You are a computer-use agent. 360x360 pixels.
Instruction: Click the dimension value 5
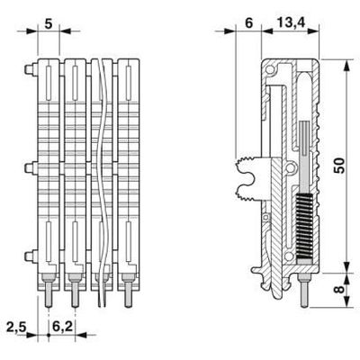point(49,24)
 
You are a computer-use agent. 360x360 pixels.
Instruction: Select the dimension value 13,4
point(291,23)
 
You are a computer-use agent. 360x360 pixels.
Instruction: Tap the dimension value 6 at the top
point(249,23)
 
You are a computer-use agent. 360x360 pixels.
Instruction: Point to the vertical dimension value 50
point(339,166)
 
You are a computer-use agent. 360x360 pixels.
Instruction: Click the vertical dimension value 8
point(339,289)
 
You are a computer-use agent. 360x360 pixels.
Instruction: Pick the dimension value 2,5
point(17,327)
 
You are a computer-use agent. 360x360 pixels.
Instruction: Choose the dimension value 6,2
point(63,327)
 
